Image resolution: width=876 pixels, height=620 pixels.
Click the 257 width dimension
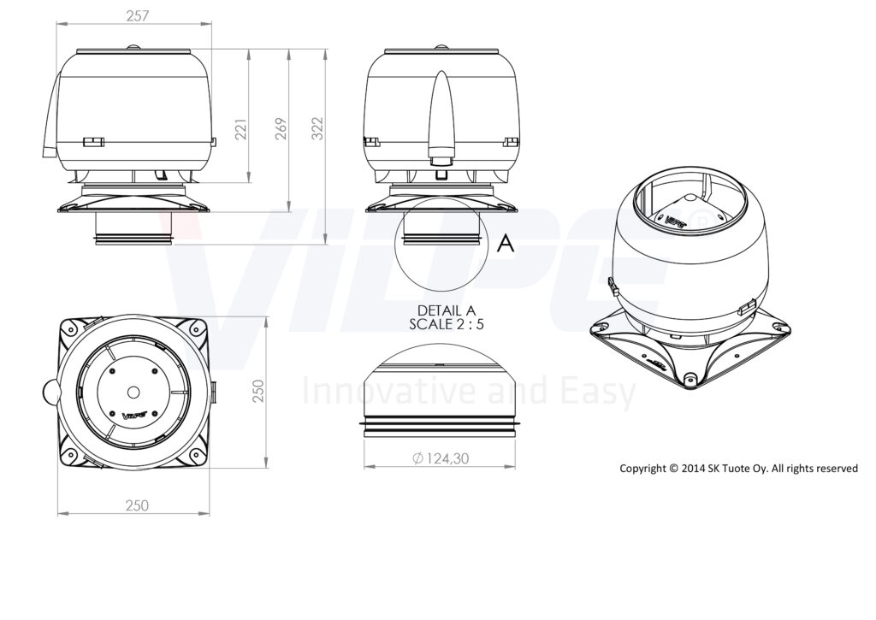pos(138,15)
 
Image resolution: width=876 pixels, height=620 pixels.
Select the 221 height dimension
pos(240,129)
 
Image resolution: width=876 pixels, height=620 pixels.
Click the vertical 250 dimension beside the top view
pos(257,391)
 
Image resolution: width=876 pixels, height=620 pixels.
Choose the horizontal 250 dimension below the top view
pos(137,505)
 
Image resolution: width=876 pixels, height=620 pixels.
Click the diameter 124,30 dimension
pos(441,458)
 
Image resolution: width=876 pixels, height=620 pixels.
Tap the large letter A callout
pos(505,243)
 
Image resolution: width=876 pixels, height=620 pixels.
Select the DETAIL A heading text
pos(446,310)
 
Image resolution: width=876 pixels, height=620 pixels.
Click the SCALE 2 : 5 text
pos(446,324)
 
